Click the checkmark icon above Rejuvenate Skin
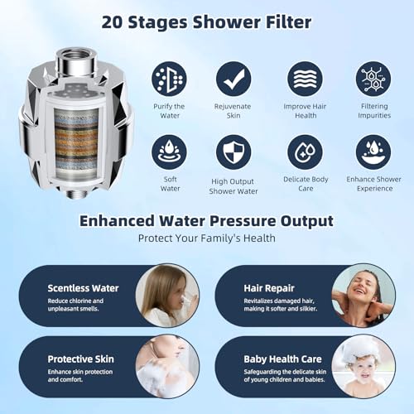(233, 79)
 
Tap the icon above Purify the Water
(169, 79)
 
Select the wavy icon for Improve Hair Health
(305, 79)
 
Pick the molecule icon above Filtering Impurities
(373, 79)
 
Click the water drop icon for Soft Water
(169, 152)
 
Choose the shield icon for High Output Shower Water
(233, 152)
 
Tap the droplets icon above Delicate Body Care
(305, 152)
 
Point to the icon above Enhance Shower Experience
(373, 152)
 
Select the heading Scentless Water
(83, 288)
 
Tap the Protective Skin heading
(81, 359)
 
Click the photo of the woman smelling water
(166, 296)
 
